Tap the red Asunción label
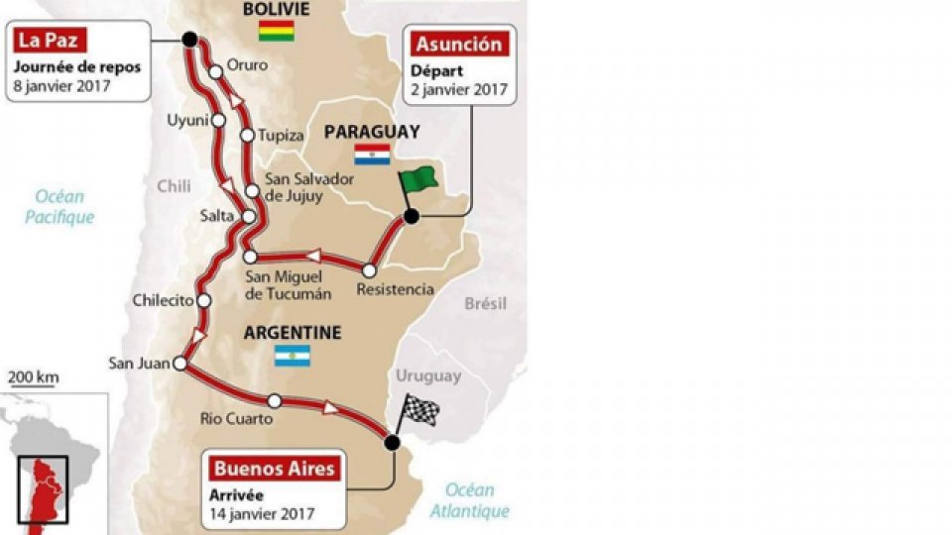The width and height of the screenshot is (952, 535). pyautogui.click(x=458, y=44)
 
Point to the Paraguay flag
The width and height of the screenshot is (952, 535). pyautogui.click(x=372, y=155)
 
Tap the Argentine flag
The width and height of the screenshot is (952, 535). pyautogui.click(x=293, y=356)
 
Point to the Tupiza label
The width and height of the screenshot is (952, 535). pyautogui.click(x=280, y=135)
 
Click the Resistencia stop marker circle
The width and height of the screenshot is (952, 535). pyautogui.click(x=369, y=269)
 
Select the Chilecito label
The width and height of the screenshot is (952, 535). pyautogui.click(x=161, y=301)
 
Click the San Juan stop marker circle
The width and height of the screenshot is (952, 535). pyautogui.click(x=179, y=365)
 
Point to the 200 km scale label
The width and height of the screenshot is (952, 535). pyautogui.click(x=34, y=376)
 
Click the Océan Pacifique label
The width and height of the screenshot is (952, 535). pyautogui.click(x=59, y=207)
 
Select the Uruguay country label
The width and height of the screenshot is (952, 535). pyautogui.click(x=428, y=376)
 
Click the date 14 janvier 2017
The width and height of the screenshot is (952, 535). pyautogui.click(x=262, y=513)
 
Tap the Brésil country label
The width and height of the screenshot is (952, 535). pyautogui.click(x=486, y=303)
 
